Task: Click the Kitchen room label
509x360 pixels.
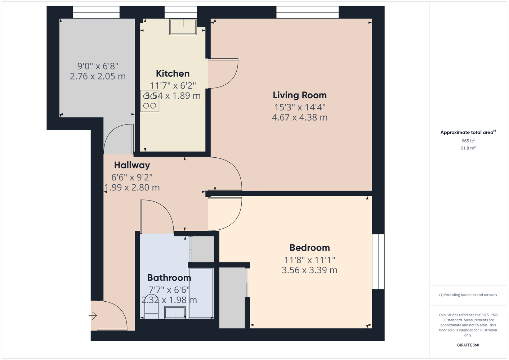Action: (x=173, y=73)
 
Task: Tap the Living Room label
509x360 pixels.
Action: (x=300, y=95)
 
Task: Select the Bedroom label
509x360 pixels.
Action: (x=309, y=248)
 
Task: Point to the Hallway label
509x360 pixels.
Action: (x=132, y=165)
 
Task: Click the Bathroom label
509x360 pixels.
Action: (x=169, y=278)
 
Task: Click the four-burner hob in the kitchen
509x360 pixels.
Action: (x=149, y=101)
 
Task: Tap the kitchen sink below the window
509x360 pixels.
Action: (x=183, y=27)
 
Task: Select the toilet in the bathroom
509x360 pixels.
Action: (x=151, y=307)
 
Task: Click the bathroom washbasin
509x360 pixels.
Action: (x=175, y=312)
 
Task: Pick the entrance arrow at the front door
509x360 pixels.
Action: (x=93, y=315)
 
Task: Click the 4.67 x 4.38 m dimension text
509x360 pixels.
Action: (x=300, y=117)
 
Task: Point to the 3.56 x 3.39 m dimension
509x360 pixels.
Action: (x=309, y=270)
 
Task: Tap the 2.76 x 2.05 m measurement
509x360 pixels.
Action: (x=98, y=76)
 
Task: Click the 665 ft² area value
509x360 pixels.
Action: (x=468, y=141)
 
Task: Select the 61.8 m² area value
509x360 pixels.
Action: (x=468, y=148)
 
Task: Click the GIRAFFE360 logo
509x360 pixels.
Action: (x=468, y=345)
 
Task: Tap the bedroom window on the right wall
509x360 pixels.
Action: (x=378, y=262)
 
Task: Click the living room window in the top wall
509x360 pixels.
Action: (x=307, y=12)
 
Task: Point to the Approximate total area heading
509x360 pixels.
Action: (x=468, y=132)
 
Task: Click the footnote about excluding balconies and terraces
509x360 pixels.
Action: (x=468, y=295)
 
